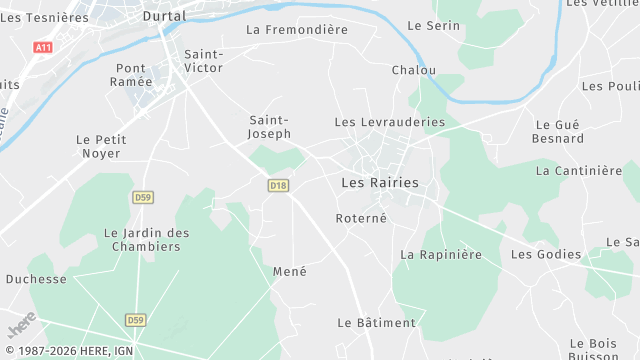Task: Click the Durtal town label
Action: (x=165, y=16)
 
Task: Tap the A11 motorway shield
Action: (x=42, y=47)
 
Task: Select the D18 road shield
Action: (x=278, y=185)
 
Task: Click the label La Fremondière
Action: (x=297, y=30)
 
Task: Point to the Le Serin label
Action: (x=434, y=25)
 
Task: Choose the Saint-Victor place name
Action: (x=204, y=61)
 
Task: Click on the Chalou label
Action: (x=414, y=70)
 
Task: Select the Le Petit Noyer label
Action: (x=99, y=146)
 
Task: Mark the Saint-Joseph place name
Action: (x=270, y=126)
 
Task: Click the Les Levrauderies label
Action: (x=389, y=122)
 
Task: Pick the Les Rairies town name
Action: (x=380, y=183)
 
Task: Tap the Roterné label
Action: (x=361, y=218)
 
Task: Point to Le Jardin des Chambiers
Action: (x=146, y=240)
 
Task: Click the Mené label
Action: (x=290, y=271)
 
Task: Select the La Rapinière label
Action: (x=441, y=255)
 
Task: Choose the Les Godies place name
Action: (x=546, y=255)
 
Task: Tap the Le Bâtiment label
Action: (x=376, y=323)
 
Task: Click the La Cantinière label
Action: (x=579, y=171)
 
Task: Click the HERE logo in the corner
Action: (x=21, y=325)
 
